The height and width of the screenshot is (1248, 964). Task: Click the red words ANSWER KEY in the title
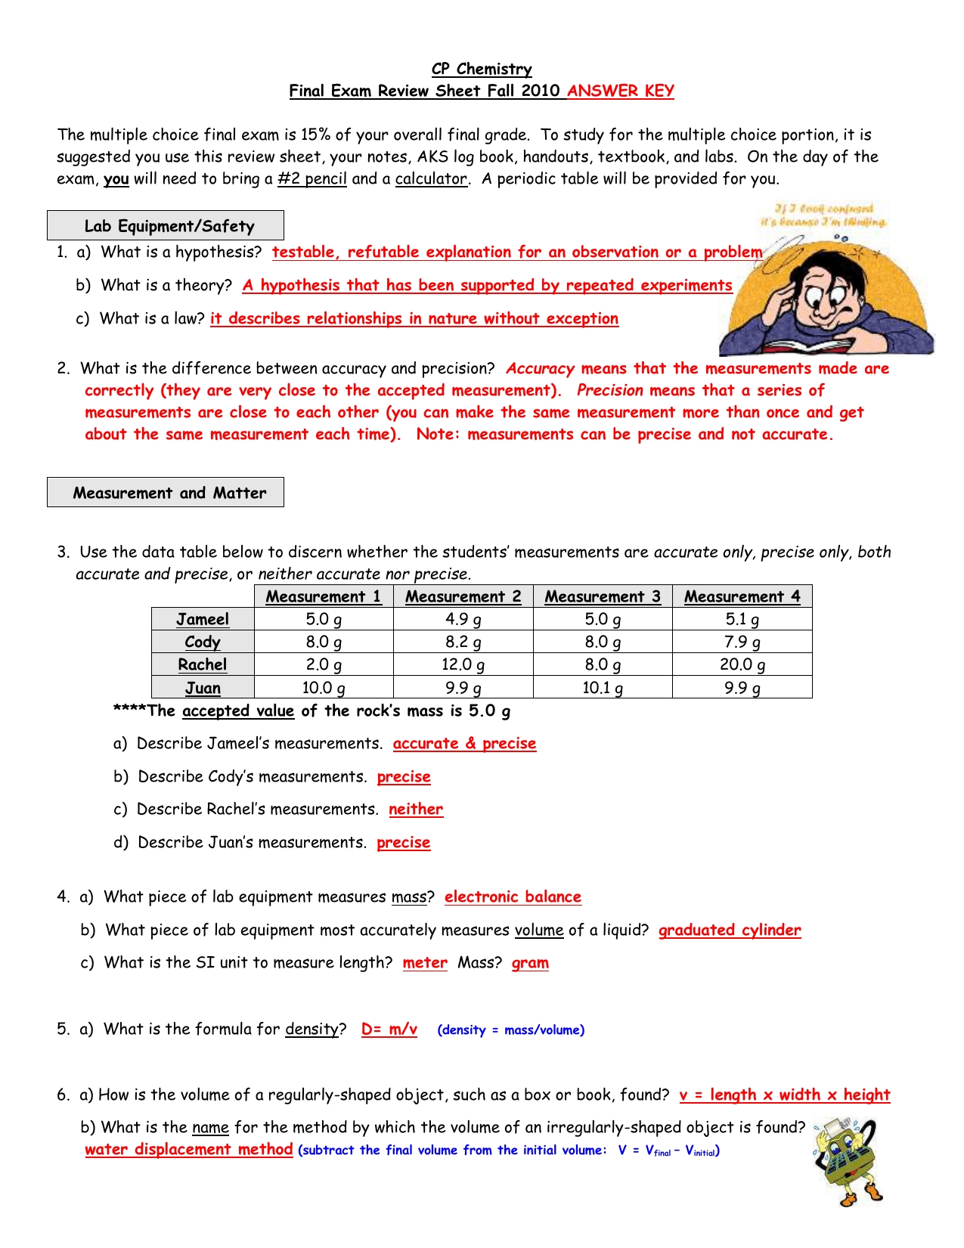(x=620, y=91)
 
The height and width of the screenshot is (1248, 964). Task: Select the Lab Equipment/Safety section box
(x=166, y=226)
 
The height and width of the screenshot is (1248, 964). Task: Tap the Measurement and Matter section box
(x=166, y=493)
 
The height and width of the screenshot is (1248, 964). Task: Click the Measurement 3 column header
(x=603, y=597)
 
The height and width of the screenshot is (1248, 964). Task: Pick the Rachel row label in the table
(x=203, y=665)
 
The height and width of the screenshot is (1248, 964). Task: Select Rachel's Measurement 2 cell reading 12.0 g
(x=463, y=665)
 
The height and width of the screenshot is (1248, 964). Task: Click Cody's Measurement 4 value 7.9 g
(x=742, y=643)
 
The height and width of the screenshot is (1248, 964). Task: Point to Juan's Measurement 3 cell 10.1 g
(x=603, y=688)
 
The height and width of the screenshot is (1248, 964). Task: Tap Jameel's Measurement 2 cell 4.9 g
(x=463, y=620)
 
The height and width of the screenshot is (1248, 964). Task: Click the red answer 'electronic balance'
(x=513, y=897)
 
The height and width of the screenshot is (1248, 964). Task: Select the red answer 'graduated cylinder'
(x=730, y=931)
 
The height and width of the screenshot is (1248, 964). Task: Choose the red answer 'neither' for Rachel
(x=416, y=810)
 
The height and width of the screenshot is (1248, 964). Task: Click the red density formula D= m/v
(x=389, y=1030)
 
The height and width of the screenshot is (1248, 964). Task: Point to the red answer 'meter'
(x=425, y=963)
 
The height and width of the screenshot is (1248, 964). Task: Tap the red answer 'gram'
(x=530, y=963)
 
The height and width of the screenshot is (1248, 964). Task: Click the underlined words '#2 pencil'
(x=312, y=179)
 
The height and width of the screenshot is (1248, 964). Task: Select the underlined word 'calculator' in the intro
(x=431, y=179)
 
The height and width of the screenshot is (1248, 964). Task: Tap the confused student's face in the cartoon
(x=824, y=291)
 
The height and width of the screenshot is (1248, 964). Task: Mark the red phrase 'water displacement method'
(x=188, y=1150)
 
